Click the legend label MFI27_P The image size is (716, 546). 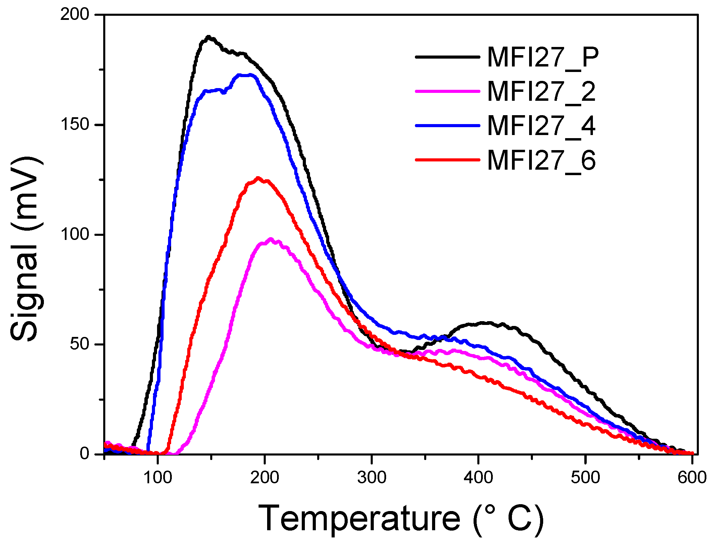click(x=542, y=57)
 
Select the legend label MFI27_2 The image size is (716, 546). click(x=541, y=92)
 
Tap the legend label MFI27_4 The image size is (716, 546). click(x=541, y=126)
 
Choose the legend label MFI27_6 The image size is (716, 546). click(x=541, y=160)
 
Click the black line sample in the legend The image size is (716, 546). click(x=447, y=57)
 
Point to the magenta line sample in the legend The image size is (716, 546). click(x=447, y=91)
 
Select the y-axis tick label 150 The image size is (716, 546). click(x=74, y=124)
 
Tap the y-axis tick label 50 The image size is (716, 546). click(x=79, y=344)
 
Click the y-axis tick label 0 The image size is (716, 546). click(x=84, y=454)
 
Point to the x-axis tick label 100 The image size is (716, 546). click(x=157, y=477)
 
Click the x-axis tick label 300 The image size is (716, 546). click(x=371, y=477)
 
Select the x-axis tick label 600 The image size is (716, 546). click(x=692, y=477)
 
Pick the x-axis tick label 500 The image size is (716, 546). click(x=585, y=477)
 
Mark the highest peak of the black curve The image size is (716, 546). click(x=208, y=37)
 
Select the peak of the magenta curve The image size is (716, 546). click(x=271, y=239)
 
